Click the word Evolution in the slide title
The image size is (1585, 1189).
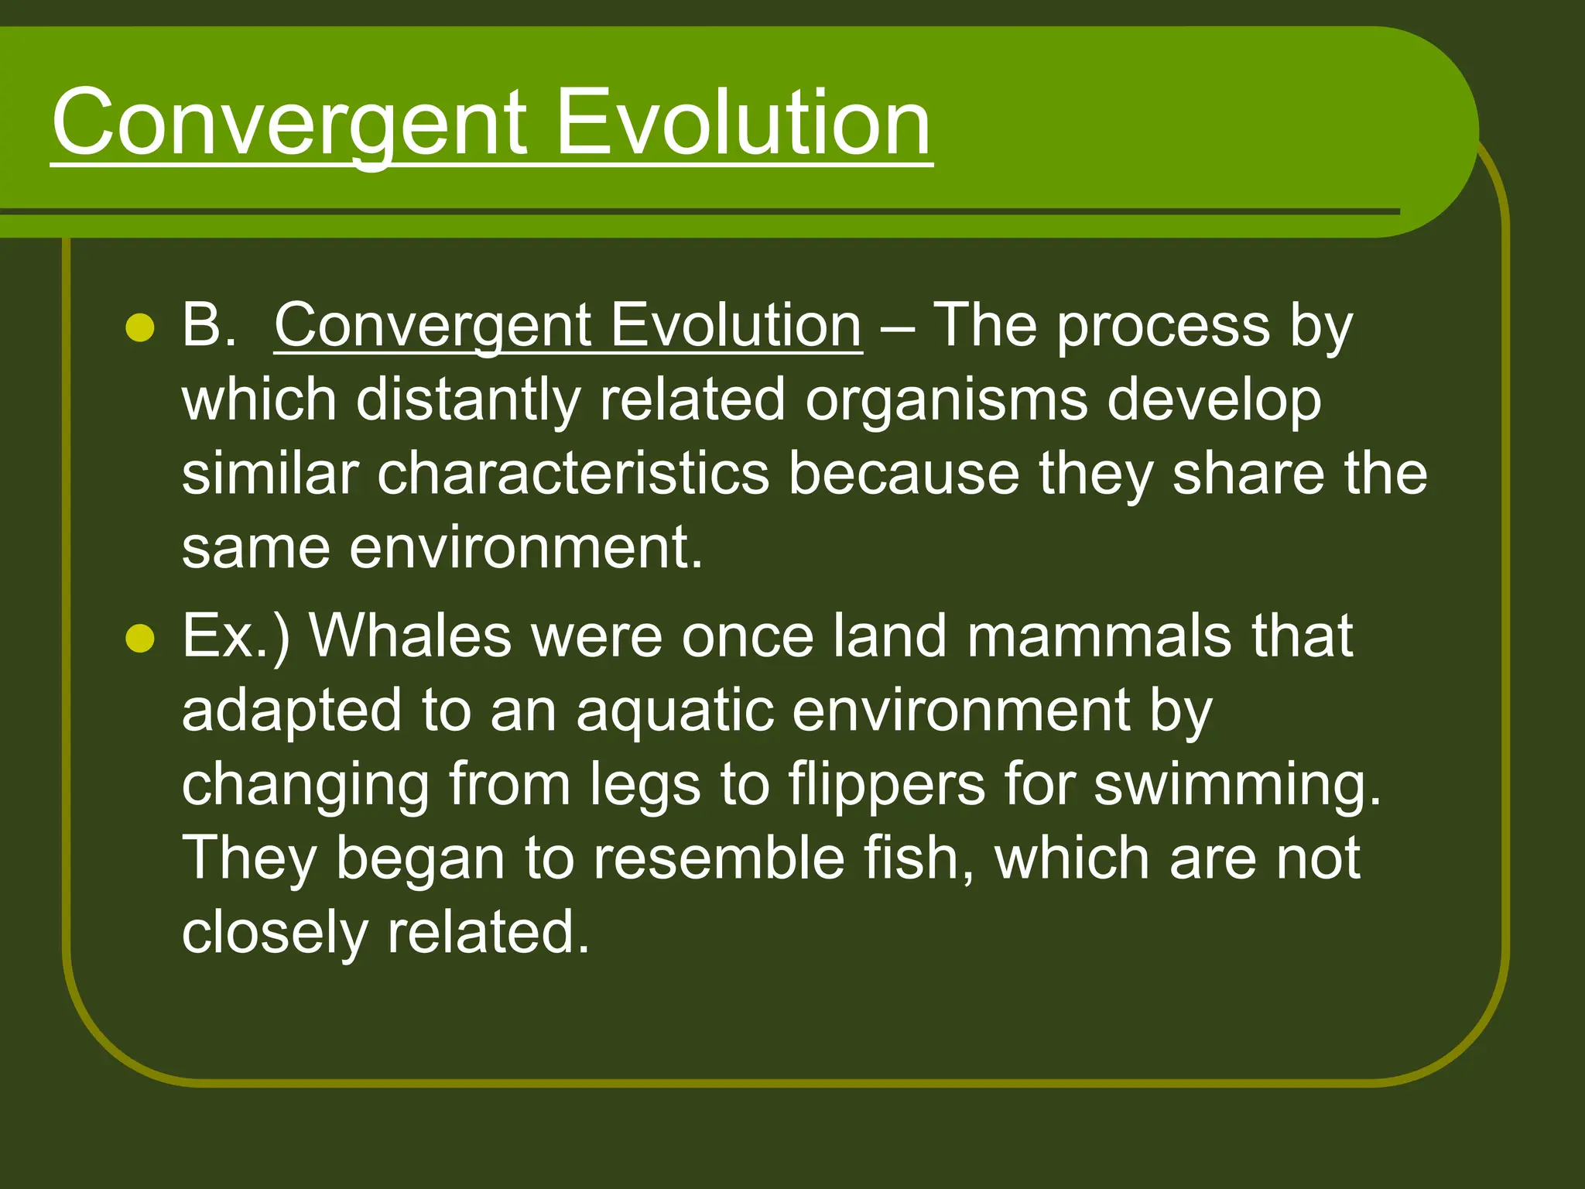tap(743, 122)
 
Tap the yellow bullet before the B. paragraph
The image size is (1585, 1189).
tap(140, 328)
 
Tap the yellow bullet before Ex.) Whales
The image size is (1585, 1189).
tap(140, 639)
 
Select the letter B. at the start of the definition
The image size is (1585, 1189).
tap(207, 325)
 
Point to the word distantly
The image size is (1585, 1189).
tap(467, 399)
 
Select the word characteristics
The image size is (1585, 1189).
tap(573, 474)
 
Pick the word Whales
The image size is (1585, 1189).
tap(410, 636)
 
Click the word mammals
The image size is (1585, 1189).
tap(1099, 636)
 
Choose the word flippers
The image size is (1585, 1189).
tap(887, 785)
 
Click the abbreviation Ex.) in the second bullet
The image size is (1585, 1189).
tap(235, 636)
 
